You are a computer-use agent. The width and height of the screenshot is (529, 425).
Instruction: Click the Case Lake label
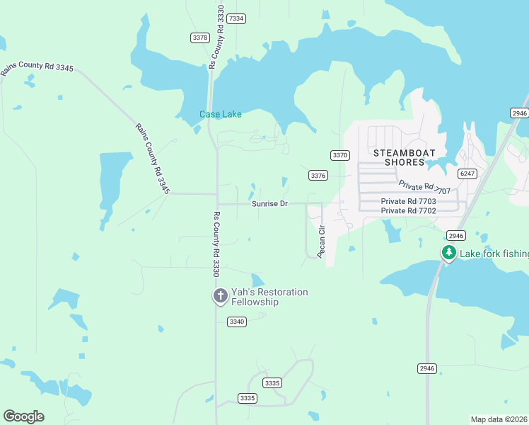click(x=220, y=114)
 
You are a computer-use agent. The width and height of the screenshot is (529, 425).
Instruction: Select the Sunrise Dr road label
click(x=269, y=204)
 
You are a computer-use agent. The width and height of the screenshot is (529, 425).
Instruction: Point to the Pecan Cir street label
click(x=320, y=241)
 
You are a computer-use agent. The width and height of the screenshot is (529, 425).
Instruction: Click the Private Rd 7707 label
click(x=424, y=187)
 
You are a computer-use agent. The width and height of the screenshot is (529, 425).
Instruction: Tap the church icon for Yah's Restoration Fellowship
click(x=220, y=296)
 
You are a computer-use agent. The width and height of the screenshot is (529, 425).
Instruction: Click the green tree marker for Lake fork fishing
click(x=448, y=253)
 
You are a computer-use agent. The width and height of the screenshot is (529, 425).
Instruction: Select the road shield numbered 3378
click(x=200, y=37)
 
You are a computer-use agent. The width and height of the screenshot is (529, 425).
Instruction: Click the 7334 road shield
click(x=236, y=18)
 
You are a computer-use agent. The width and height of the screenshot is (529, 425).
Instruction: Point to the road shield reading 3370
click(x=340, y=154)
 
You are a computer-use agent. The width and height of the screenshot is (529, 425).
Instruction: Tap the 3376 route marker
click(x=318, y=175)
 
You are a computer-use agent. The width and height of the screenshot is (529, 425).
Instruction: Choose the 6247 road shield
click(x=467, y=173)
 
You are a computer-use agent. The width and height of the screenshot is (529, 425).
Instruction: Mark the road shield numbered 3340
click(x=237, y=322)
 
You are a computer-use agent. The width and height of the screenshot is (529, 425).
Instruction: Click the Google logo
click(x=23, y=416)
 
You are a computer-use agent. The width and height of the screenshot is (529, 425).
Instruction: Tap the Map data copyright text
click(x=499, y=419)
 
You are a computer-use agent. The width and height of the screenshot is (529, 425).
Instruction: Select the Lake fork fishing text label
click(x=494, y=254)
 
